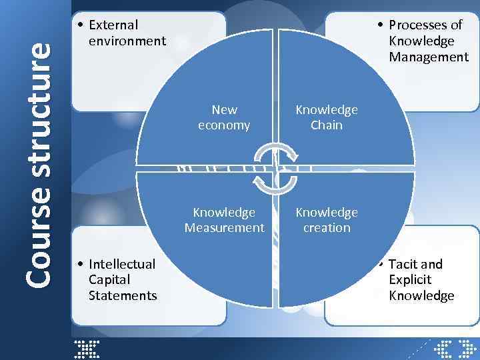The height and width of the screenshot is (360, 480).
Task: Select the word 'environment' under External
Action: point(127,41)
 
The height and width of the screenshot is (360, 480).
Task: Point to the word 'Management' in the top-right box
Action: point(429,57)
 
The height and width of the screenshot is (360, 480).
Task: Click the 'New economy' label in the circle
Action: point(224,117)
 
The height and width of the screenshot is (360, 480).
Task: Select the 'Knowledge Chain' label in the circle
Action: point(327,117)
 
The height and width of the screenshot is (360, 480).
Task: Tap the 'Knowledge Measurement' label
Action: point(224,220)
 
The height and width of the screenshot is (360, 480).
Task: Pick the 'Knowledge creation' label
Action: point(327,220)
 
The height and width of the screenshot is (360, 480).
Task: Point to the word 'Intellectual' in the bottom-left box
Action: point(122,264)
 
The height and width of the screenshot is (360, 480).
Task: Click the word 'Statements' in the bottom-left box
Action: point(122,295)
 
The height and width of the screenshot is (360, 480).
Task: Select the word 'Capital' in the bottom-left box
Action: point(109,280)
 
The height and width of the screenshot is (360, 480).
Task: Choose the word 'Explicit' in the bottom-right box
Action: point(410,280)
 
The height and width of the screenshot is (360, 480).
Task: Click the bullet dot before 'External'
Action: point(79,25)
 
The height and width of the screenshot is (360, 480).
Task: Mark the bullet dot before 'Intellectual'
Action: point(79,264)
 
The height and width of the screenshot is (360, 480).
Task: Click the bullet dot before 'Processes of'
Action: point(379,25)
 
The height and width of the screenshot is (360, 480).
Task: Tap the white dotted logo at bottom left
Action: point(87,349)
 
